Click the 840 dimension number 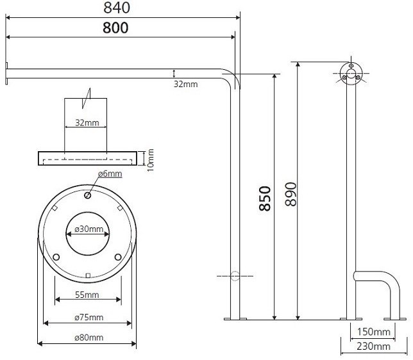(117, 8)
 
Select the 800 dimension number (115, 28)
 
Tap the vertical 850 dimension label (265, 199)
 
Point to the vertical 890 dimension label (291, 194)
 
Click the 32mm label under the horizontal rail (185, 84)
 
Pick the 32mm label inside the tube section (87, 122)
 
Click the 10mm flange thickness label (151, 160)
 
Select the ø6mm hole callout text (110, 174)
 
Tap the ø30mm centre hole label (89, 229)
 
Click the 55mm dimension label (87, 295)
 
